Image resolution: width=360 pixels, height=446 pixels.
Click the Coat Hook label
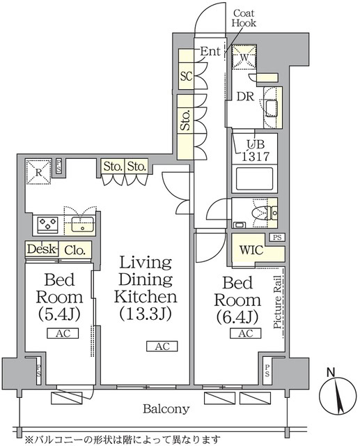pos(244,18)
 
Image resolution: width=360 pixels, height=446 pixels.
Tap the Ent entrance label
pos(210,51)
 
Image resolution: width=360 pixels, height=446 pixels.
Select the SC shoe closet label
pos(186,76)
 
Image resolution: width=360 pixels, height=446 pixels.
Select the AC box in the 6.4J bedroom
pos(245,334)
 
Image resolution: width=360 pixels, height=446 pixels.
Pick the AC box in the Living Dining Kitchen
pos(162,346)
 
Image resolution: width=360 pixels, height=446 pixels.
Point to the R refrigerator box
pos(37,170)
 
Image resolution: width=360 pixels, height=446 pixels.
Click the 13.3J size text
pos(146,314)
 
